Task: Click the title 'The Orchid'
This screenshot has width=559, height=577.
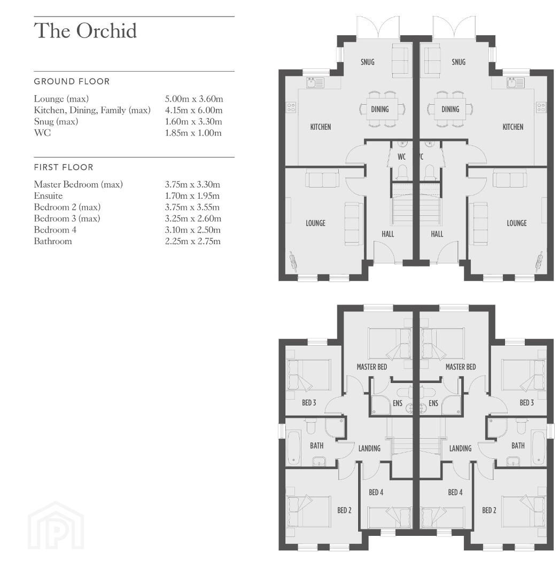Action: tap(86, 30)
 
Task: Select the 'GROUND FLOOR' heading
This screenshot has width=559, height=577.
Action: tap(72, 81)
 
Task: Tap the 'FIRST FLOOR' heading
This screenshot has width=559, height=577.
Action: tap(64, 167)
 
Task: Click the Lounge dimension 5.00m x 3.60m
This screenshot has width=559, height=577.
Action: tap(194, 99)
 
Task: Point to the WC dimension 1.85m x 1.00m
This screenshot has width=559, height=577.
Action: tap(193, 133)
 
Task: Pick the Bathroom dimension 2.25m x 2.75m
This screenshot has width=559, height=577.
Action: tap(193, 241)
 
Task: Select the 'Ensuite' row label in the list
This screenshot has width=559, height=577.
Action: tap(48, 196)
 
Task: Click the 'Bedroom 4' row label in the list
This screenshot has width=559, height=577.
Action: tap(55, 230)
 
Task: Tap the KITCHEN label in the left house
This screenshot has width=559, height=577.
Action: tap(321, 127)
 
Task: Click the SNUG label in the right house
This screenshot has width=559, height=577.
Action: tap(459, 62)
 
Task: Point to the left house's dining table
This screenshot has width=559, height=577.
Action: tap(382, 109)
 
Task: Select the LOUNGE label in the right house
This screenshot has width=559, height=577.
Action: tap(517, 223)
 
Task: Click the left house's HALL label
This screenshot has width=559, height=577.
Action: tap(388, 234)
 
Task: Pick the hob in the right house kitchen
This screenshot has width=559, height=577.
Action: tap(541, 107)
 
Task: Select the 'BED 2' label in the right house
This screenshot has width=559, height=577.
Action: tap(489, 510)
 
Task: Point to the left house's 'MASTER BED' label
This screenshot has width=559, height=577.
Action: tap(371, 367)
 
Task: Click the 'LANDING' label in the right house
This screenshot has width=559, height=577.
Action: tap(460, 448)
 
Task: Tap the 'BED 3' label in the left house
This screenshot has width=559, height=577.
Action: tap(309, 403)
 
